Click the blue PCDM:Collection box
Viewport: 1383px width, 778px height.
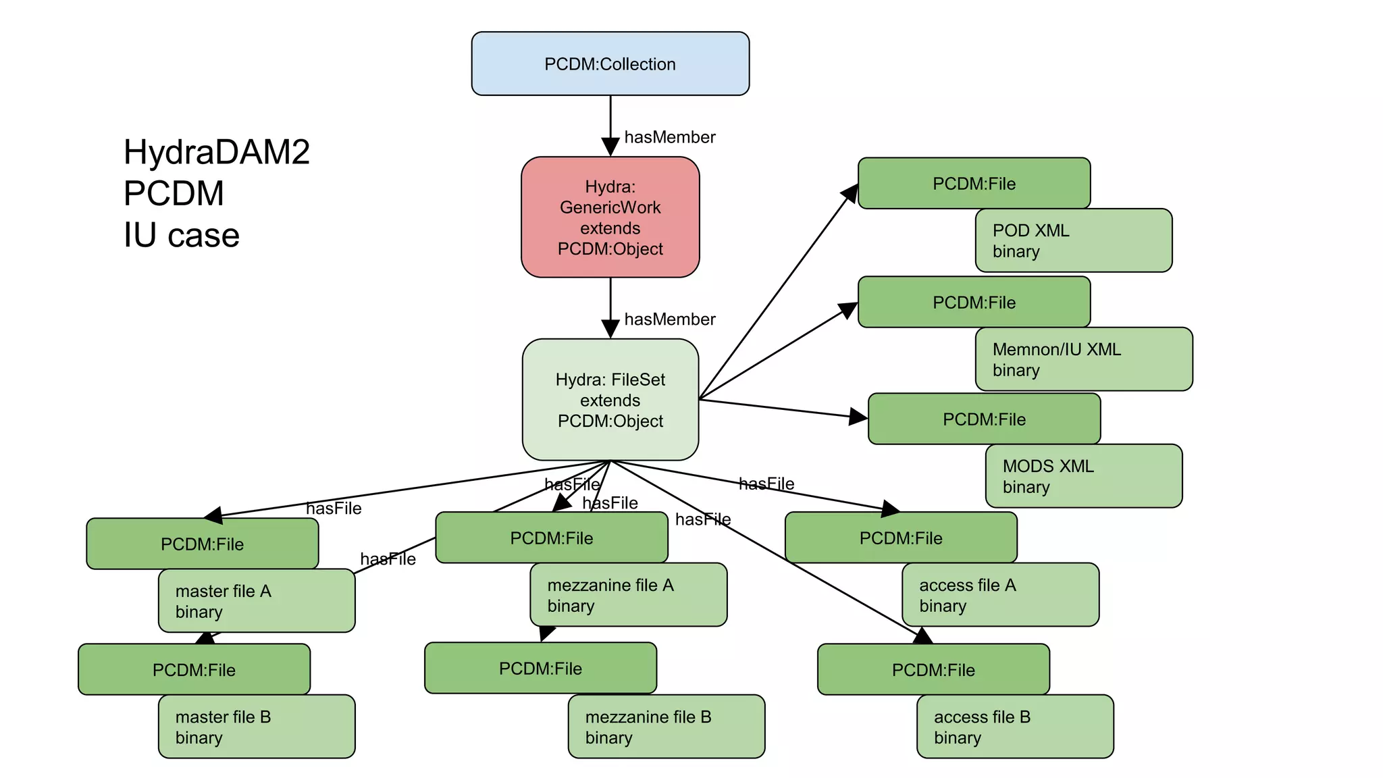coord(610,63)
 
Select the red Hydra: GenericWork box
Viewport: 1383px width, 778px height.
coord(610,217)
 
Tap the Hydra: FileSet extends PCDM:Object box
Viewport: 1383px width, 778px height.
coord(610,400)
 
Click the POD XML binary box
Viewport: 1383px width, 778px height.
coord(1073,240)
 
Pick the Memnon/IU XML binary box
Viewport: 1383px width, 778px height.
coord(1083,359)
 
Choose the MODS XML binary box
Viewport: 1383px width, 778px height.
coord(1083,476)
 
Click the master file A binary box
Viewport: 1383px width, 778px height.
coord(256,601)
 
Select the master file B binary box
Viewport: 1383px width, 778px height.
coord(256,727)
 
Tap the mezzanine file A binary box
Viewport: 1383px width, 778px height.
coord(628,595)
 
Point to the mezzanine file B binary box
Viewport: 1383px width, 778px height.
coord(666,727)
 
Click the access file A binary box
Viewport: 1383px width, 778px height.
coord(1000,595)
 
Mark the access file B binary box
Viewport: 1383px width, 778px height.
coord(1014,727)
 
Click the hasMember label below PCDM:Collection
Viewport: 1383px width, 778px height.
coord(669,137)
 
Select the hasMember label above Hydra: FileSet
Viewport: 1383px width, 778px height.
coord(669,319)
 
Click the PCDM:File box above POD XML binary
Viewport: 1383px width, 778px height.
coord(974,184)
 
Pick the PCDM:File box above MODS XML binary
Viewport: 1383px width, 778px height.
coord(984,419)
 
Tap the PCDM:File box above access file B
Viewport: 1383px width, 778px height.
coord(933,670)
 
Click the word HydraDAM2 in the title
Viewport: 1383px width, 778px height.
coord(217,152)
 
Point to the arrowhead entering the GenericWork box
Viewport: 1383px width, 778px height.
coord(610,147)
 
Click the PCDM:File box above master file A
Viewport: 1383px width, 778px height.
coord(202,544)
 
